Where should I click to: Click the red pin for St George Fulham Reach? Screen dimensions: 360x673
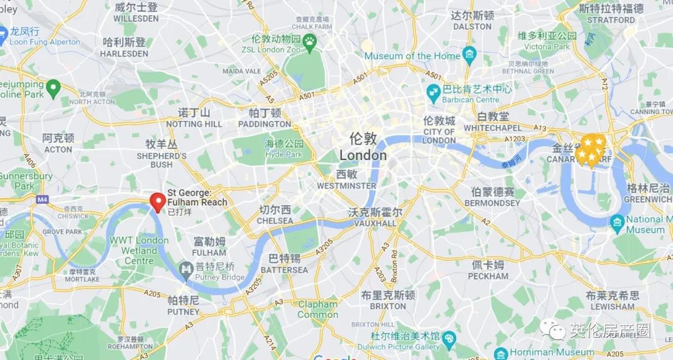point(158,201)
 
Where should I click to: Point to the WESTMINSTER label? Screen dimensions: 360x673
point(346,186)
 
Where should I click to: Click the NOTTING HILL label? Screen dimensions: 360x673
point(194,124)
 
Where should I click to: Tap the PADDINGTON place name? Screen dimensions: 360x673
point(264,124)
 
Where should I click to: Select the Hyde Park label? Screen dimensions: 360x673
point(284,154)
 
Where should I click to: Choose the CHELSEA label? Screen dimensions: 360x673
point(275,220)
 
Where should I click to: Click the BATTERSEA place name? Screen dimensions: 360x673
point(284,270)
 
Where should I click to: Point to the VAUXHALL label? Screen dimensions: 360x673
point(375,223)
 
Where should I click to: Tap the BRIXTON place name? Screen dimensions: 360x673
point(388,306)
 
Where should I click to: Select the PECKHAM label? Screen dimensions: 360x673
point(489,276)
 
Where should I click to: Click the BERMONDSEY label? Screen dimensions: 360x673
point(492,202)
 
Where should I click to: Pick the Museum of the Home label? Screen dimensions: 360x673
point(412,56)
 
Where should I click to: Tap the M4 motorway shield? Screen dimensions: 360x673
point(42,199)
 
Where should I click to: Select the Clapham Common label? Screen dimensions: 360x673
point(317,310)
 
